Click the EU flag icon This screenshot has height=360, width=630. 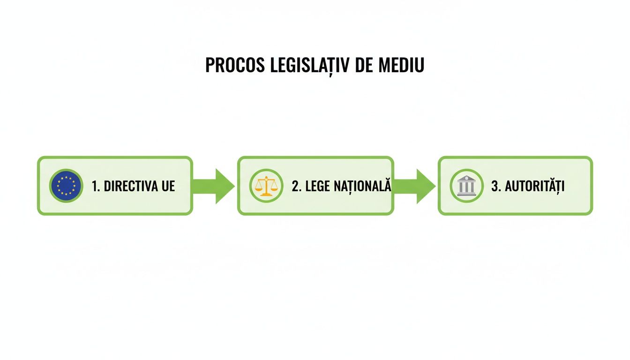click(x=66, y=186)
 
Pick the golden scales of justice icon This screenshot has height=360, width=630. click(x=266, y=186)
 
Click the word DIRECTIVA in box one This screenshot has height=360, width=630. click(x=133, y=186)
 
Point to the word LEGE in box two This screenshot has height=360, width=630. click(x=319, y=186)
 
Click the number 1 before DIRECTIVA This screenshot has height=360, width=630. click(x=96, y=186)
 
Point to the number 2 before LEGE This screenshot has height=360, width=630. click(x=296, y=186)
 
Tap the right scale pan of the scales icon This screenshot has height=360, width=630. click(x=273, y=189)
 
